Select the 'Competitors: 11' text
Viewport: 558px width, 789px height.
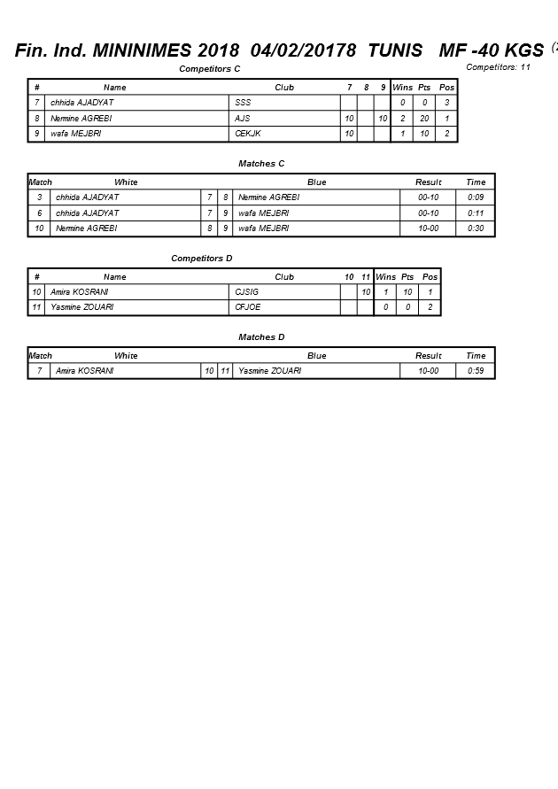click(x=498, y=67)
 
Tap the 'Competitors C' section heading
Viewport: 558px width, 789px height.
click(x=210, y=68)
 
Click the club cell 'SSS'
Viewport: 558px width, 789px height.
click(x=243, y=103)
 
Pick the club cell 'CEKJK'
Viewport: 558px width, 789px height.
click(x=247, y=134)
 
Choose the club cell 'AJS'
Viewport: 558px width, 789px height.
click(x=243, y=119)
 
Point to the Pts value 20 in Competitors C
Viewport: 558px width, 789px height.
click(x=425, y=119)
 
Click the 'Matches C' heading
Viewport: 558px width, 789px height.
click(x=261, y=164)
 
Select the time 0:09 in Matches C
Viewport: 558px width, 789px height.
click(x=476, y=197)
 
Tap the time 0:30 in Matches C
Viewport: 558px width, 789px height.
click(x=476, y=228)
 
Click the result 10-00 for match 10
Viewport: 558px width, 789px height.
click(x=429, y=228)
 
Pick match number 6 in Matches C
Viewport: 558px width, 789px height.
click(x=40, y=213)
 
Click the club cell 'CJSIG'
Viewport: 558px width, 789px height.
click(x=247, y=292)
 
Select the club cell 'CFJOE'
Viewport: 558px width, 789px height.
click(x=247, y=307)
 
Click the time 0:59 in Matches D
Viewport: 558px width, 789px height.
click(x=476, y=371)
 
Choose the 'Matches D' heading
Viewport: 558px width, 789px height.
click(x=261, y=337)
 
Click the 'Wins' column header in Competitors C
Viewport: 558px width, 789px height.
click(x=402, y=88)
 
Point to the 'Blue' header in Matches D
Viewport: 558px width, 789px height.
click(x=316, y=356)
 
